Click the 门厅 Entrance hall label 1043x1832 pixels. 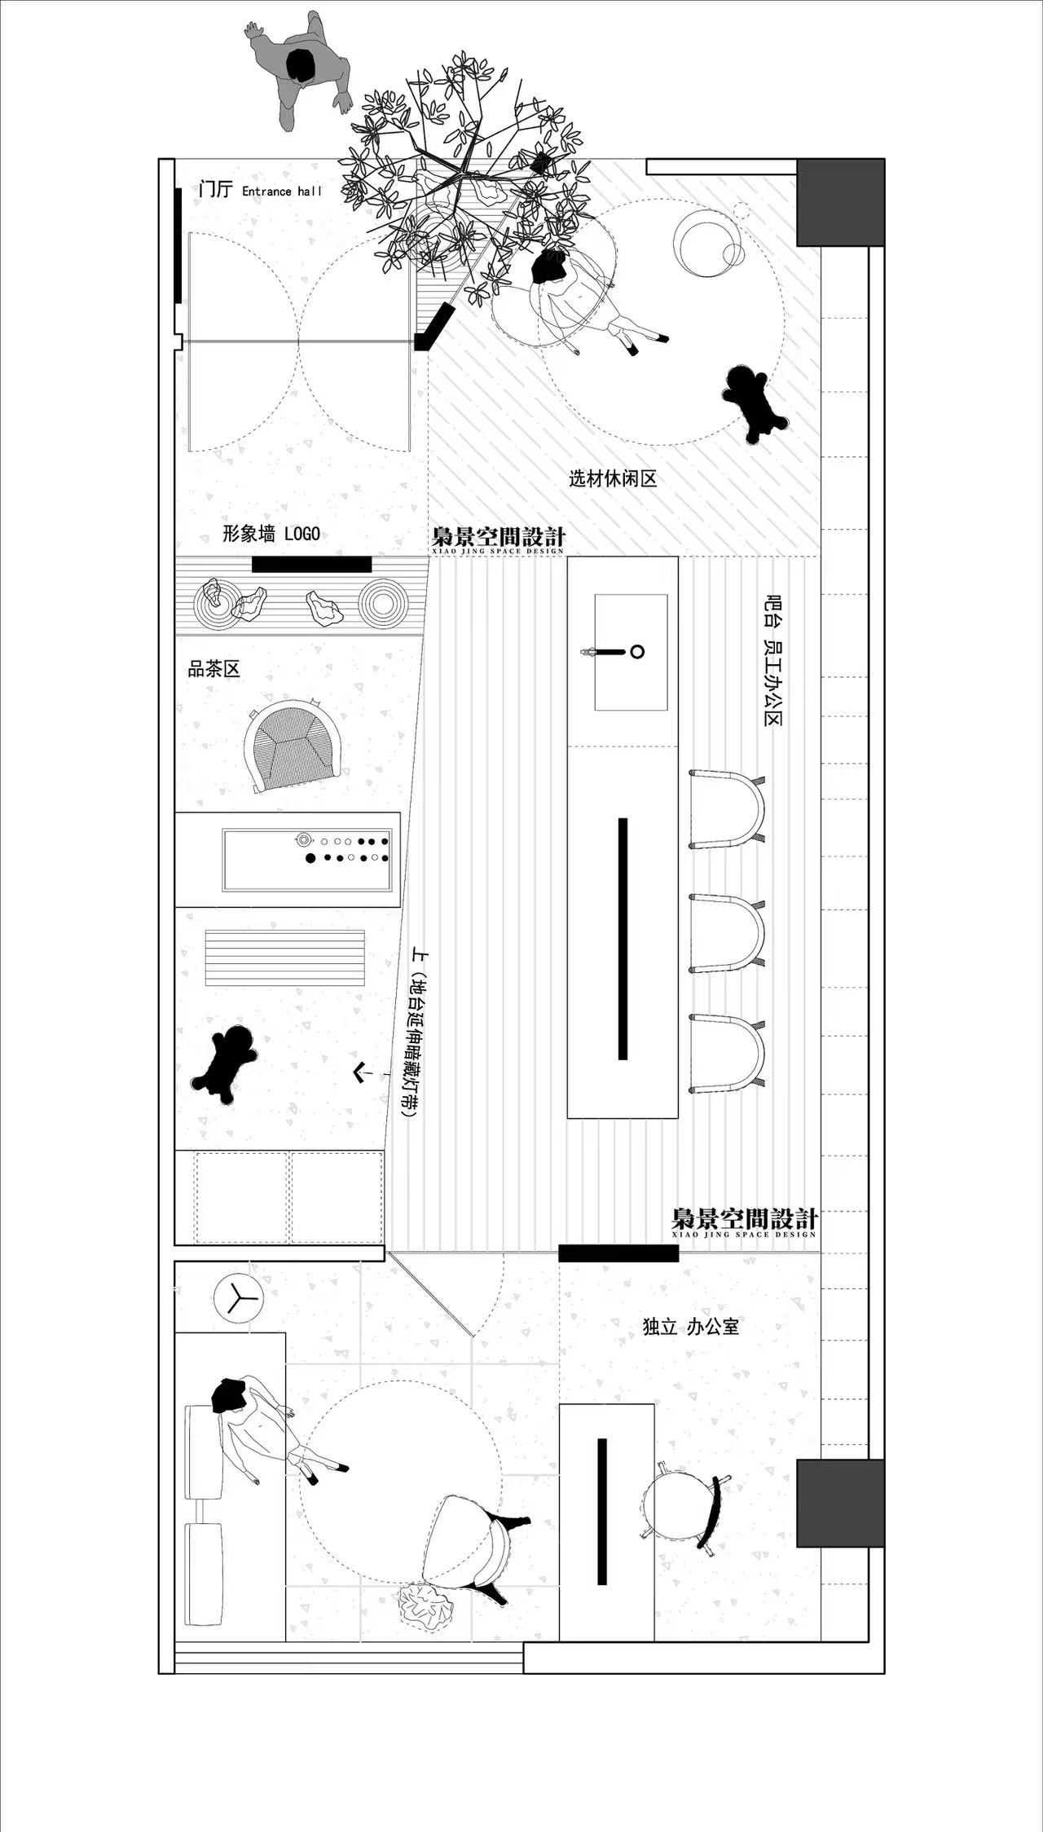(261, 190)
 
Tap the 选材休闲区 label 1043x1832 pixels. (613, 478)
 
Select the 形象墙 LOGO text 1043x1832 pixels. (271, 534)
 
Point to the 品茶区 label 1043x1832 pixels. (214, 669)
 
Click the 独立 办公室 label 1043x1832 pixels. (691, 1327)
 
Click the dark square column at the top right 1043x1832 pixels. (840, 202)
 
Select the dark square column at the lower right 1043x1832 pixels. (840, 1503)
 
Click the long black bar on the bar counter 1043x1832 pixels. (623, 939)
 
